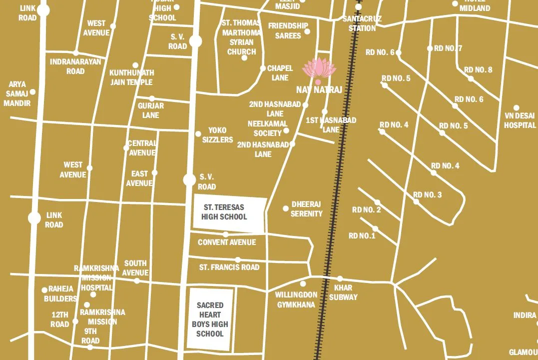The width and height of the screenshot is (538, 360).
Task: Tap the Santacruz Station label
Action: pos(362,23)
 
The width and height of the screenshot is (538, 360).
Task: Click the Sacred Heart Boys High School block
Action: pos(210,319)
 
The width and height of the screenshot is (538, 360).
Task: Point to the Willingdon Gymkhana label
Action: pos(296,299)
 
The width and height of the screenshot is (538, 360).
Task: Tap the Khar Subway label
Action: pos(343,292)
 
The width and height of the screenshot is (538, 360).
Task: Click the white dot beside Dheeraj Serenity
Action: pos(286,208)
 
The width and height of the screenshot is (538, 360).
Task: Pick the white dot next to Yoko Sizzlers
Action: pos(198,133)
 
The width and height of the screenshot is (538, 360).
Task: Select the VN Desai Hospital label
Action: pos(520,120)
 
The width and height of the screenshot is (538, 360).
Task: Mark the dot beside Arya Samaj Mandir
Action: pos(33,92)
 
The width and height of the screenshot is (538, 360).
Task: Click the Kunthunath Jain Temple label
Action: pos(131,77)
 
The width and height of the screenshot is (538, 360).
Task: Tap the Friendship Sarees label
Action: pos(288,30)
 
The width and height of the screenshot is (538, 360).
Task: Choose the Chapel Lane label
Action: pos(280,73)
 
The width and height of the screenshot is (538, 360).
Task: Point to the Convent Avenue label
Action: pos(227,242)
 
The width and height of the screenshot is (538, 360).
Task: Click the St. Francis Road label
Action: pos(229,267)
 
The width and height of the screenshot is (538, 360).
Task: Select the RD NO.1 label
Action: pos(362,235)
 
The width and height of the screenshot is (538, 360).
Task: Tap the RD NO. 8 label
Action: pos(478,70)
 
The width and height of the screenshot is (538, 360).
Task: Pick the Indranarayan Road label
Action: pos(75,66)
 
